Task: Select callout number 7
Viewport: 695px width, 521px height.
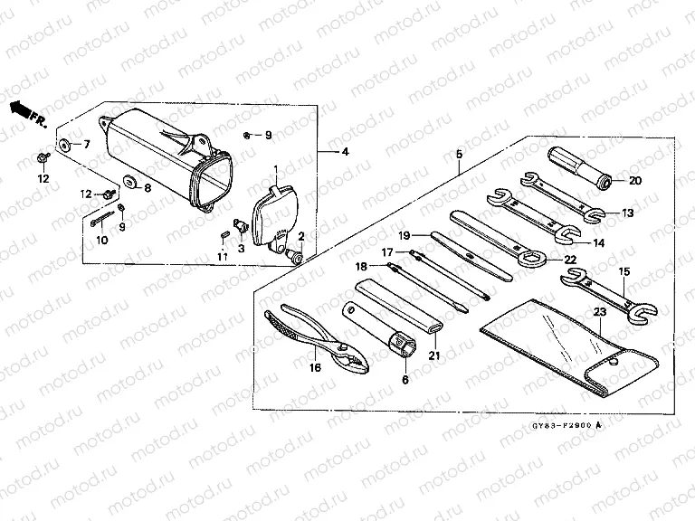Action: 87,144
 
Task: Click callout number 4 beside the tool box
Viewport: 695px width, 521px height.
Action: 345,152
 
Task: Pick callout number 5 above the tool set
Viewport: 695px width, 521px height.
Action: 459,155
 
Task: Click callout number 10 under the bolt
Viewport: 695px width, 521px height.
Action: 101,240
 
